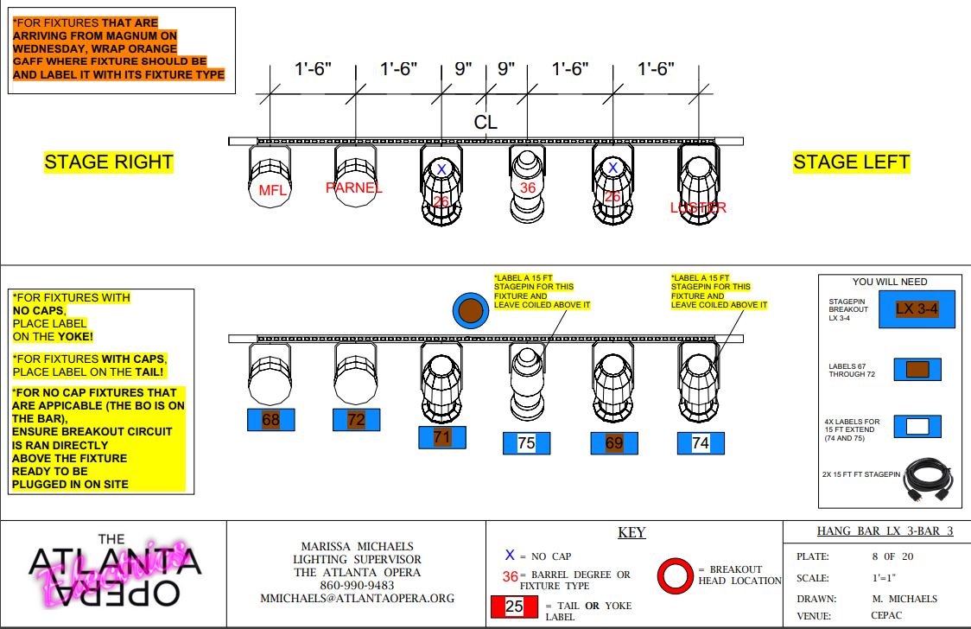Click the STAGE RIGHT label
[x=109, y=162]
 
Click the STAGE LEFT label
[x=851, y=162]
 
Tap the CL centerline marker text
[x=485, y=123]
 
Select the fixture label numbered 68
[x=271, y=420]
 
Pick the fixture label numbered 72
[x=356, y=420]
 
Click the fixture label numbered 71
[x=442, y=437]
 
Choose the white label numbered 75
[x=526, y=443]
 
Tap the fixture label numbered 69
[x=614, y=443]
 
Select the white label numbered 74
[x=700, y=443]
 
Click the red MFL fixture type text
[x=273, y=191]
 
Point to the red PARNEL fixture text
[x=354, y=187]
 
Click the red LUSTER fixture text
[x=699, y=207]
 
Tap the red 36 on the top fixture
[x=528, y=187]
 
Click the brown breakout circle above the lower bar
[x=470, y=311]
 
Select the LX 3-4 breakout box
[x=917, y=309]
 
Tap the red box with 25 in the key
[x=514, y=607]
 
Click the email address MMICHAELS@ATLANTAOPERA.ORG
[x=357, y=598]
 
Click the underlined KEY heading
[x=631, y=533]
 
